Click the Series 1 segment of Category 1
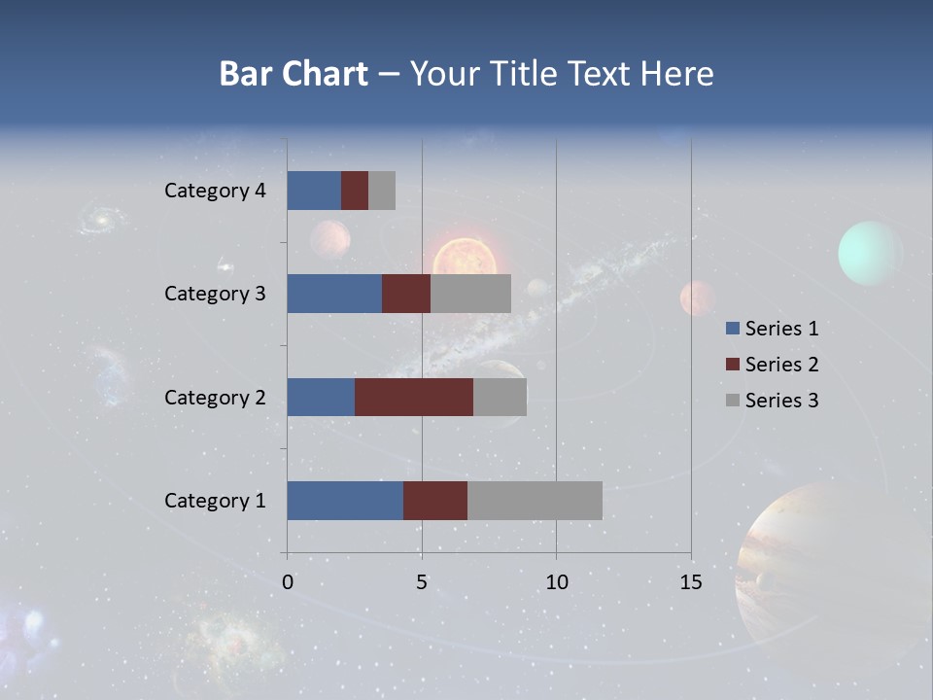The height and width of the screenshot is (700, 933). [345, 501]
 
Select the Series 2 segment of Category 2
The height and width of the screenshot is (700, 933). [414, 397]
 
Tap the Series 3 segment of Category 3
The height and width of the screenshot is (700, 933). [470, 294]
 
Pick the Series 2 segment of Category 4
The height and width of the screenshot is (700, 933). [355, 191]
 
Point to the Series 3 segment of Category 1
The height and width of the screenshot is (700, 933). [535, 501]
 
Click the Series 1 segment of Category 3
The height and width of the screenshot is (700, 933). [334, 294]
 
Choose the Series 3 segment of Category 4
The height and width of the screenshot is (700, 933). [382, 191]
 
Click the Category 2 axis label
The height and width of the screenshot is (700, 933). [215, 397]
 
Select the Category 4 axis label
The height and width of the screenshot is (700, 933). [215, 191]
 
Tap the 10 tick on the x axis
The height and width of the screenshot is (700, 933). [556, 582]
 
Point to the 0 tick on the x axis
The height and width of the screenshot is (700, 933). [288, 582]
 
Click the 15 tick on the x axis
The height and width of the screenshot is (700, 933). [690, 582]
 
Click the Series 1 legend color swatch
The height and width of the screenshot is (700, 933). [733, 329]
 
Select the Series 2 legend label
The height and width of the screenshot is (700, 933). [781, 365]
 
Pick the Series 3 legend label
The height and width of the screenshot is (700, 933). [781, 401]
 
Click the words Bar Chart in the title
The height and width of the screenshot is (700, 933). [293, 74]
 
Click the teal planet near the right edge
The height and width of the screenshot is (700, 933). [870, 253]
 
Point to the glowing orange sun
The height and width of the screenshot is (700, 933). [465, 258]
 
